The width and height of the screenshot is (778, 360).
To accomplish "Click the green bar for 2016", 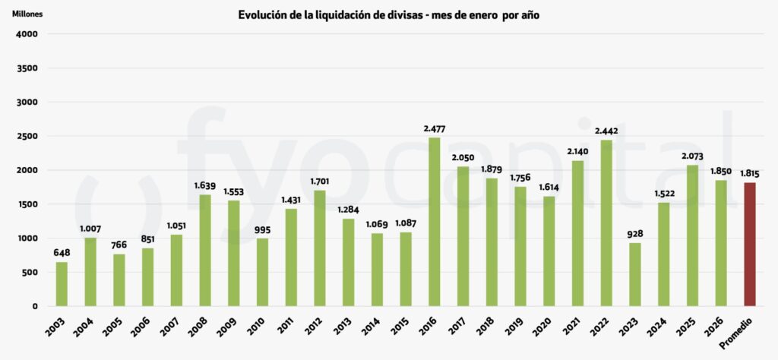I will pos(435,222).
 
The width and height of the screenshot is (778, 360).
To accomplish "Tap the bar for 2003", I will pos(62,284).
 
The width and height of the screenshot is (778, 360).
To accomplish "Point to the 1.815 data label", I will pos(750,174).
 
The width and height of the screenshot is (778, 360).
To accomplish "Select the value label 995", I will pos(263,230).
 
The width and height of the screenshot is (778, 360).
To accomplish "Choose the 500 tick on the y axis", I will pos(30,273).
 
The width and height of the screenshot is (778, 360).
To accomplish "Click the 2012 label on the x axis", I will pos(315,325).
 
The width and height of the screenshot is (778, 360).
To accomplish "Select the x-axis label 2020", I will pos(545,325).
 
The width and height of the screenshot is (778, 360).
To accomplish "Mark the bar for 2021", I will pos(578,233).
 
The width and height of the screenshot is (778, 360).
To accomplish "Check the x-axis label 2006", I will pos(143,325).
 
